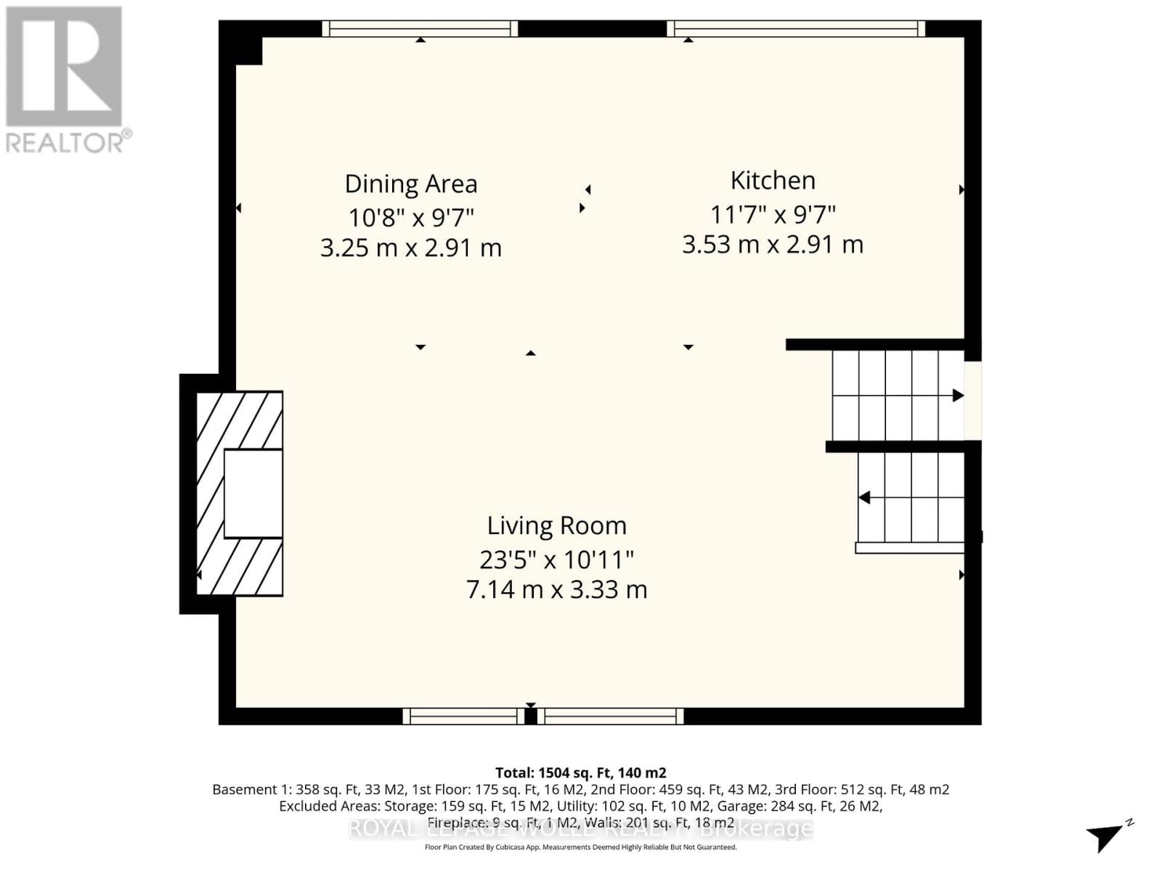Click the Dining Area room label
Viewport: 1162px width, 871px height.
[411, 184]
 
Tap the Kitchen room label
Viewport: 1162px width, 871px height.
[773, 181]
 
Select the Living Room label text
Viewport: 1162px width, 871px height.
[556, 526]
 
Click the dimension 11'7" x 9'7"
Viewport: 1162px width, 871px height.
[773, 215]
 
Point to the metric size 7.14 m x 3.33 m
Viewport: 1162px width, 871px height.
[556, 589]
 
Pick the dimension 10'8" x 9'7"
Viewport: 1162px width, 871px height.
[411, 217]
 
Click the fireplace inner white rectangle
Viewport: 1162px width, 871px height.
[253, 494]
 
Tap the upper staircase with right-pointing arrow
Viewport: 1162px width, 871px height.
[898, 396]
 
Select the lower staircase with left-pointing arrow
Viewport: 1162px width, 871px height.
[911, 498]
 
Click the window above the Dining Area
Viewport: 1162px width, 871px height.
[420, 28]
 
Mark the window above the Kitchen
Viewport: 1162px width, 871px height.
[796, 28]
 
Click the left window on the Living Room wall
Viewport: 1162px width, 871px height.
[463, 716]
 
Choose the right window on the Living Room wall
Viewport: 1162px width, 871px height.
[611, 716]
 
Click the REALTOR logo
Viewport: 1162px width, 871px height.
[65, 80]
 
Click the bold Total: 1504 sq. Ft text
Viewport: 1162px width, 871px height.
[580, 773]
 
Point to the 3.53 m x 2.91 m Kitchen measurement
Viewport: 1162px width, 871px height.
[773, 245]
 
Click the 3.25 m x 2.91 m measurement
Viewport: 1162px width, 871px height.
[411, 248]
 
